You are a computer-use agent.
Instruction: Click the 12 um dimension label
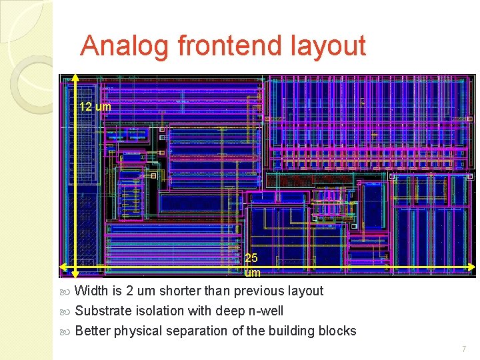point(95,107)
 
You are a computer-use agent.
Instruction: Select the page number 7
point(463,349)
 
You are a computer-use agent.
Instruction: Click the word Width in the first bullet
point(91,291)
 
